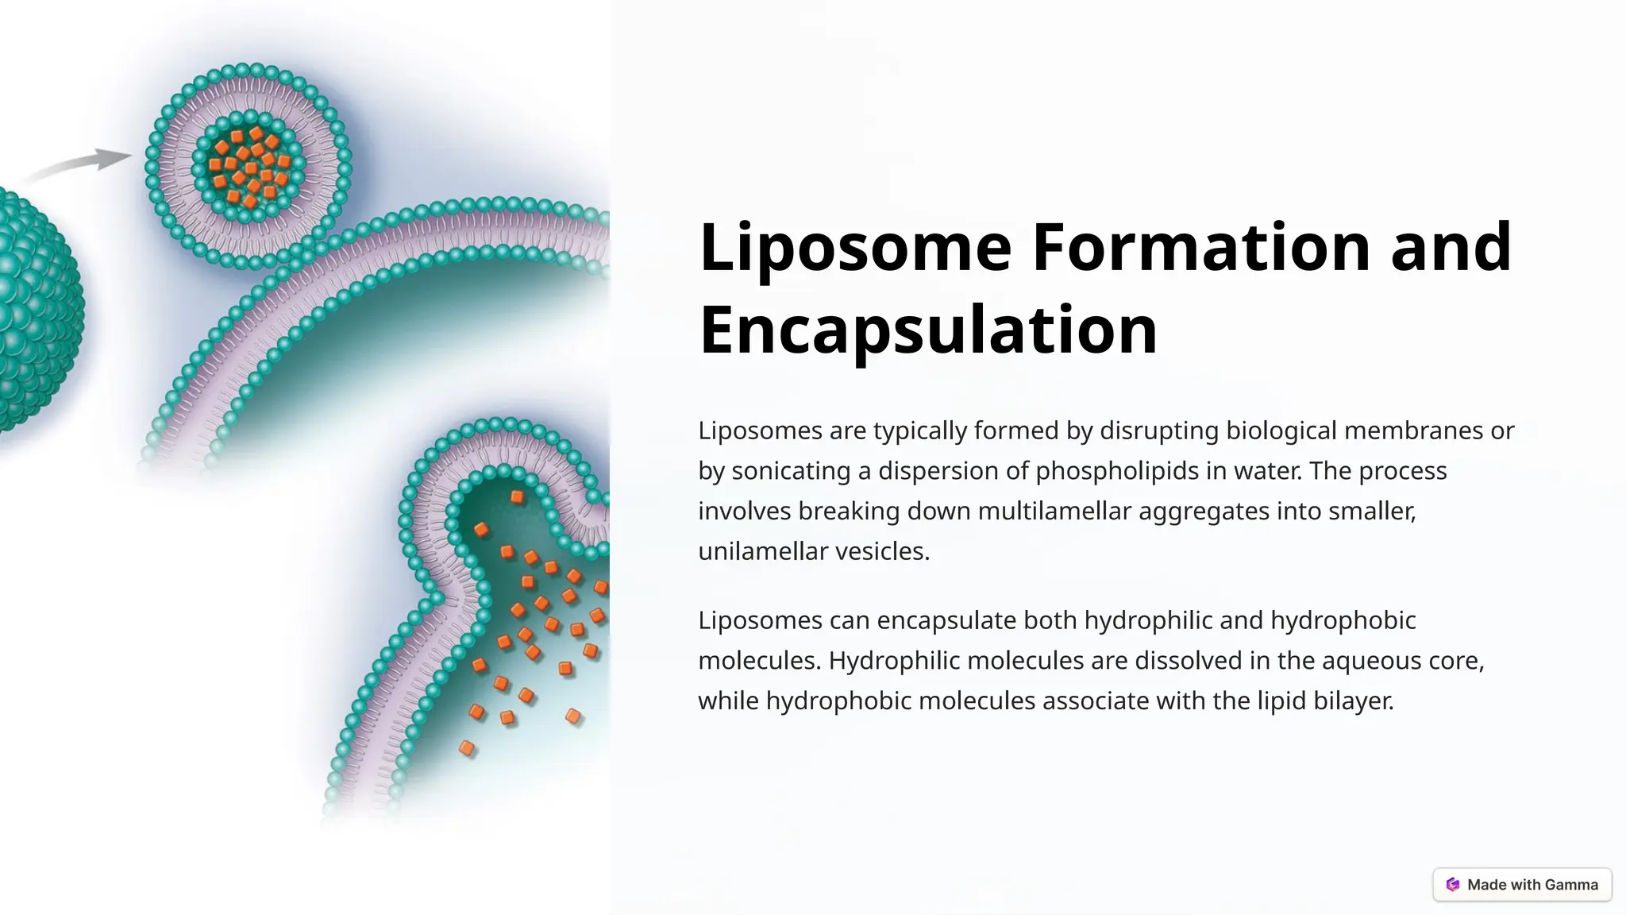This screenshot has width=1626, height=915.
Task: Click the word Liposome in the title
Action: click(x=855, y=248)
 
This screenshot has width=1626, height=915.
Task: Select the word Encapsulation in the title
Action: click(x=927, y=330)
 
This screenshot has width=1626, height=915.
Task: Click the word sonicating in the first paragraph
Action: click(x=791, y=471)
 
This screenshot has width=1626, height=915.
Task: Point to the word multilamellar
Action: click(x=1054, y=511)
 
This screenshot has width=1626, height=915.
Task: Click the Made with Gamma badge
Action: click(x=1522, y=885)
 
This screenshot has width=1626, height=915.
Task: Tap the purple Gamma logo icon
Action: click(x=1453, y=885)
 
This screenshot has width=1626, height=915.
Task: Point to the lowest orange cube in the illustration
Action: click(x=467, y=748)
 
